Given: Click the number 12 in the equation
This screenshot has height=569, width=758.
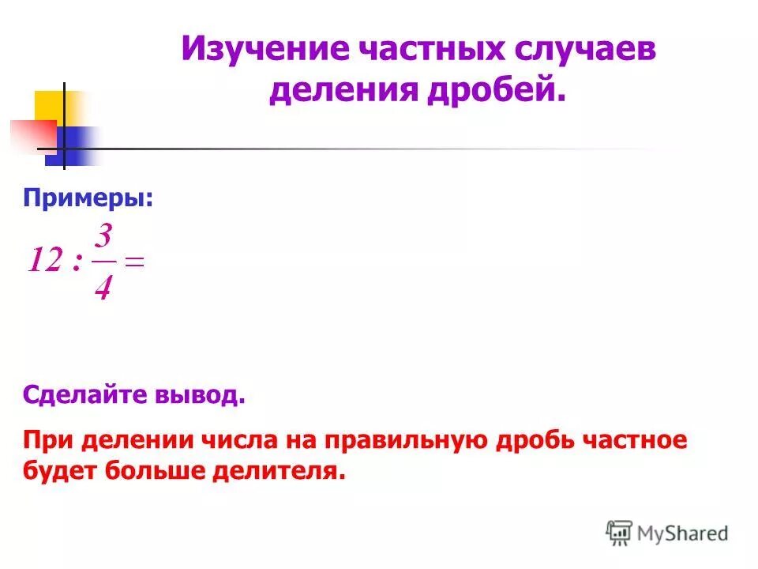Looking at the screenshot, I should coord(45,262).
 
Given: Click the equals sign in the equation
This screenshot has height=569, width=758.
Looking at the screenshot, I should coord(135,263).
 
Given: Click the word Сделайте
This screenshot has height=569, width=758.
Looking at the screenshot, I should coord(80,394).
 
